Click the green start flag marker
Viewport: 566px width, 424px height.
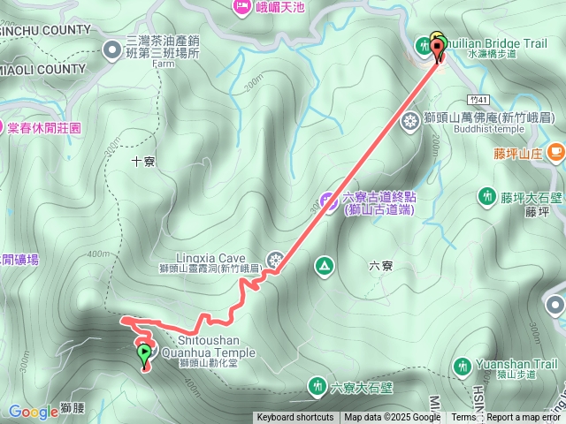point(144,355)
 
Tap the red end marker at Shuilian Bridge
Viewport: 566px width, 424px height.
point(438,49)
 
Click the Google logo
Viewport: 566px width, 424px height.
point(34,412)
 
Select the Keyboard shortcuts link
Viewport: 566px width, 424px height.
point(295,418)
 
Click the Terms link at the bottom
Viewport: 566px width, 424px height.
point(463,418)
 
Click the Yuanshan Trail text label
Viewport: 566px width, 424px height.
point(521,363)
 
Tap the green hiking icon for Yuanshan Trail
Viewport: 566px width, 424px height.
point(462,367)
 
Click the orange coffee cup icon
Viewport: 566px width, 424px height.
point(555,151)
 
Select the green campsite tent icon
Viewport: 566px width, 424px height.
point(325,265)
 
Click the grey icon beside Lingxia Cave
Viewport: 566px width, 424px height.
point(275,260)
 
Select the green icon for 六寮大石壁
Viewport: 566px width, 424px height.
point(317,386)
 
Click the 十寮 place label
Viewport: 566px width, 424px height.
point(143,162)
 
